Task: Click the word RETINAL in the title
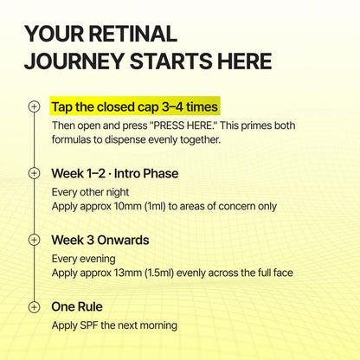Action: click(x=133, y=34)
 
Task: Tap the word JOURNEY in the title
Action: click(x=74, y=61)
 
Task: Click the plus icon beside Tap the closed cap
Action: click(x=34, y=106)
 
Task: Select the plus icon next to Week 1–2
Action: click(x=34, y=173)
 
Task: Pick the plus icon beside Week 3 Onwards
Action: click(x=34, y=240)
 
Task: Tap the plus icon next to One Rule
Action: click(x=34, y=306)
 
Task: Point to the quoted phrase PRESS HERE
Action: click(x=185, y=125)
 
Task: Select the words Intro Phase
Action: click(x=146, y=173)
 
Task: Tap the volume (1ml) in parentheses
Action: click(x=155, y=206)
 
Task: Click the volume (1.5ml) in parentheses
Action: click(x=159, y=273)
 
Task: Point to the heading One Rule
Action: click(x=77, y=306)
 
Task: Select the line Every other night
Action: click(x=90, y=192)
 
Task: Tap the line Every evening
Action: click(x=84, y=259)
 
